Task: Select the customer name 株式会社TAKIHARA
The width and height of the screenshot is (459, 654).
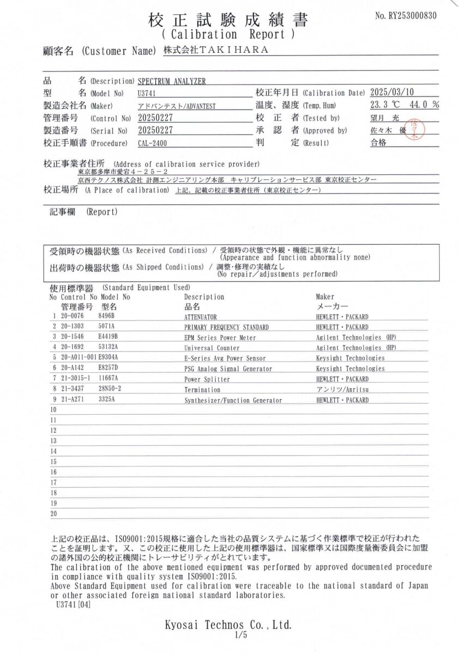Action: point(216,50)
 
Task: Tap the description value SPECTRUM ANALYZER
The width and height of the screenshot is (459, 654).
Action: point(172,81)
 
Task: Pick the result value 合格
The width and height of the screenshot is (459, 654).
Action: point(378,143)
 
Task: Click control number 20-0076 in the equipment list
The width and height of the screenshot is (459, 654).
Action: point(72,317)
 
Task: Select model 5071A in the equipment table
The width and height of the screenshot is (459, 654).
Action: point(107,327)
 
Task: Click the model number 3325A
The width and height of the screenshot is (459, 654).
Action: point(107,399)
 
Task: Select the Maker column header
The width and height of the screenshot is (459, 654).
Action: point(325,297)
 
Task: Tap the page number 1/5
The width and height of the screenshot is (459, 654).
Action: point(240,635)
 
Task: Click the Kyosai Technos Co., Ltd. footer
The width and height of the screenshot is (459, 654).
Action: point(228,625)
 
